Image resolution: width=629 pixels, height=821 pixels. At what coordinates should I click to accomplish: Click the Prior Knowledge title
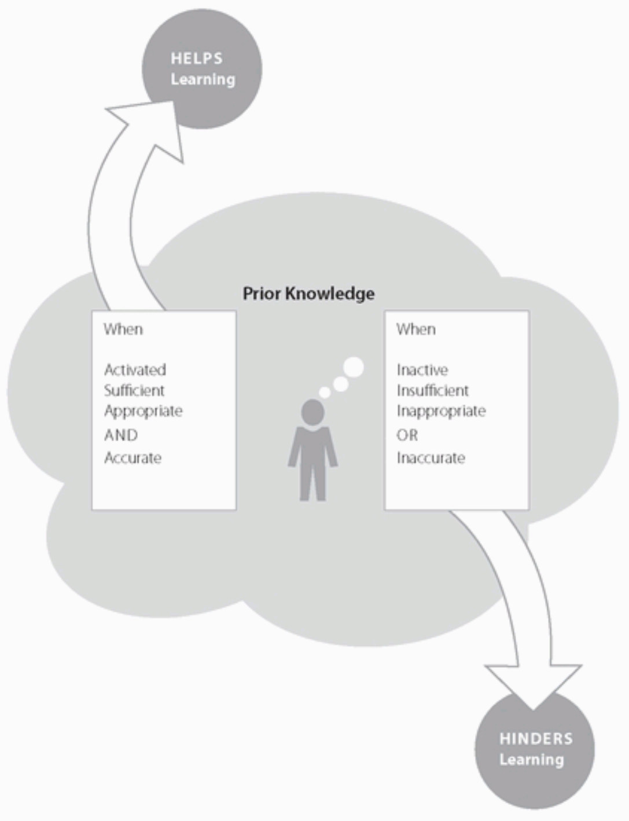tap(308, 294)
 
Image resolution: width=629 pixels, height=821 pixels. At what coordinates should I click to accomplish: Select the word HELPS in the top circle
tap(197, 58)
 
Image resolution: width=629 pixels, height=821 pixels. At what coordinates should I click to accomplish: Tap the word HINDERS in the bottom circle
tap(536, 739)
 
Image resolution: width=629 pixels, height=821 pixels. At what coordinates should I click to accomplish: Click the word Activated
tap(135, 370)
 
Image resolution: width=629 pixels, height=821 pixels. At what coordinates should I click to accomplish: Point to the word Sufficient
tap(134, 390)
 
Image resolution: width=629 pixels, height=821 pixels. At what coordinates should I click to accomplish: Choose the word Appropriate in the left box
tap(143, 411)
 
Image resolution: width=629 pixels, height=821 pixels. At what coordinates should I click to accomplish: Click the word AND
tap(121, 435)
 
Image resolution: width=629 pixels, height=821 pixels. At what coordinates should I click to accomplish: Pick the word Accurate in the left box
tap(133, 458)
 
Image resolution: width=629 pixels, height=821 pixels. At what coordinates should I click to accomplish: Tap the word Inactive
tap(422, 370)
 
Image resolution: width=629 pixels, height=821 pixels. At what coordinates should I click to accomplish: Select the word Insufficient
tap(432, 390)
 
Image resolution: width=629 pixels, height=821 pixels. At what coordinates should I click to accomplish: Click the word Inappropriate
tap(441, 411)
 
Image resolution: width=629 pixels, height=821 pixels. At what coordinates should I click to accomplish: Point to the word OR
tap(407, 435)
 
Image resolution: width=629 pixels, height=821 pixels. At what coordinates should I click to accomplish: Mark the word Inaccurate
tap(431, 458)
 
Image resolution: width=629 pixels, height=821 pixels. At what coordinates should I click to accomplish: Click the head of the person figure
tap(312, 412)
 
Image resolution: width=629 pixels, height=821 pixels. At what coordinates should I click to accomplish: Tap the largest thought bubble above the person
tap(354, 367)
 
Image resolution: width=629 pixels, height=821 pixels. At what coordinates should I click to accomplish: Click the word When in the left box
tap(123, 329)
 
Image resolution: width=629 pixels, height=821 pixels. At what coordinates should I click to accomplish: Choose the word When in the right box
tap(415, 329)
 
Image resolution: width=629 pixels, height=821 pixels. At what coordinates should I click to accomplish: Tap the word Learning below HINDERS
tap(532, 760)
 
